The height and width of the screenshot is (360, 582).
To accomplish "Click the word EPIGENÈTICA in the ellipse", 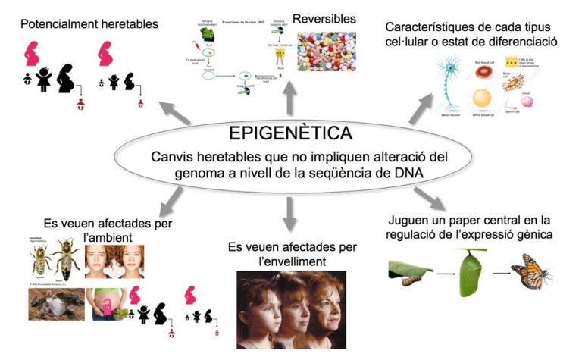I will (x=290, y=133).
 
